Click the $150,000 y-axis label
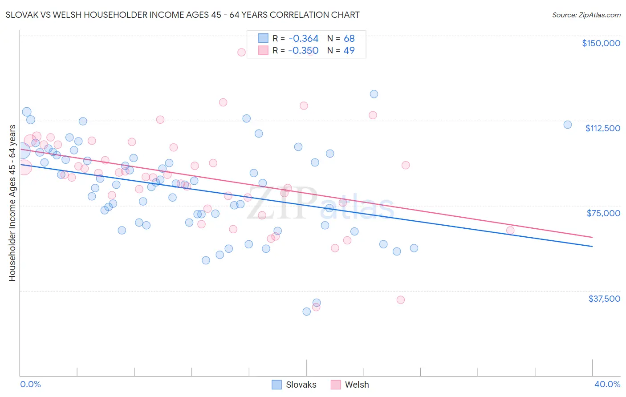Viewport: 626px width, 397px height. pos(601,43)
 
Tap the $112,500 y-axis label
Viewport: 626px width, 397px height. pos(602,128)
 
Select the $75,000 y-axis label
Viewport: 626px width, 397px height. pos(603,213)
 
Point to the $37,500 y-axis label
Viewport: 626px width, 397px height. pos(604,299)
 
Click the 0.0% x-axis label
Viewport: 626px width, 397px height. pos(30,384)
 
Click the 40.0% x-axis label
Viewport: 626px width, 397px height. pos(607,384)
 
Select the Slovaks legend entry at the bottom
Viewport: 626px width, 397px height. pos(294,385)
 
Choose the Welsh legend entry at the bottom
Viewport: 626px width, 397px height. pos(350,385)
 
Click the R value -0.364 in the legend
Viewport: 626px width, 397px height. pos(303,38)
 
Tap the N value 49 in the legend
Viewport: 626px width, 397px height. pos(349,50)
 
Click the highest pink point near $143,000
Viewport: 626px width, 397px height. pos(241,52)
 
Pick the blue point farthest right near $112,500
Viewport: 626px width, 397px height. pos(568,125)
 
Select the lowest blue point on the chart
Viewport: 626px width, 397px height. pos(307,312)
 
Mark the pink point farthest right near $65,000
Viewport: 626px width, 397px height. pos(510,230)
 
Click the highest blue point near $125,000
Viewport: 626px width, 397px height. pos(374,94)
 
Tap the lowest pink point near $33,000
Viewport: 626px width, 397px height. pos(400,300)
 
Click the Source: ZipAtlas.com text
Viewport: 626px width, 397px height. pos(586,15)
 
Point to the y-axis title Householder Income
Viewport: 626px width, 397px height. pos(12,203)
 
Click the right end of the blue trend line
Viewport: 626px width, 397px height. pos(592,246)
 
